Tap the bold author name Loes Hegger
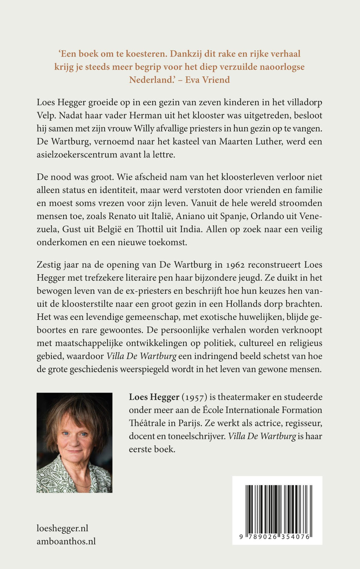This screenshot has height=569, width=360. pyautogui.click(x=154, y=397)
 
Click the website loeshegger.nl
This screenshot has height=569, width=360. pyautogui.click(x=62, y=528)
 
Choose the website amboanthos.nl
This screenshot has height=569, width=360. pyautogui.click(x=66, y=541)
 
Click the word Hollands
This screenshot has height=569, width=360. pyautogui.click(x=242, y=304)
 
